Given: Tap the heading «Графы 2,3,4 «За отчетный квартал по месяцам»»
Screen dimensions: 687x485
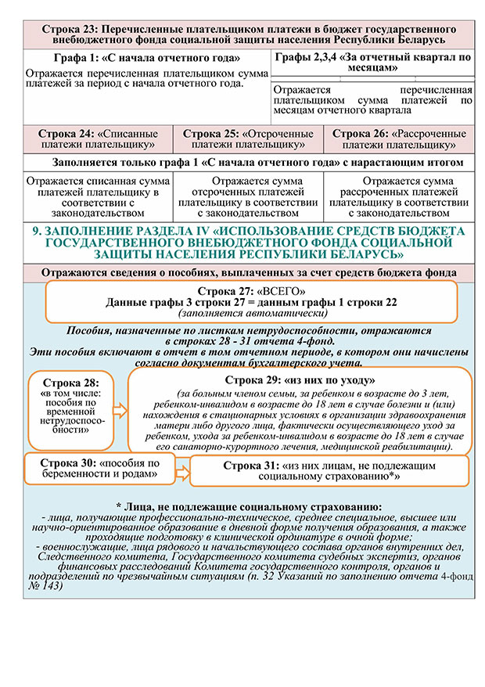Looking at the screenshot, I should click(375, 63).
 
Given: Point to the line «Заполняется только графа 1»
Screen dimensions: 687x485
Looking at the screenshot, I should click(247, 163).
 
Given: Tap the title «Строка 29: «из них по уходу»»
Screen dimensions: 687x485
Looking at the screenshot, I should click(302, 379).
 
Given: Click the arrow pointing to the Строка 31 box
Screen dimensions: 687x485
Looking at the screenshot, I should click(180, 469).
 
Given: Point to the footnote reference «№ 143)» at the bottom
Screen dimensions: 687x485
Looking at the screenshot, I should click(44, 586).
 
